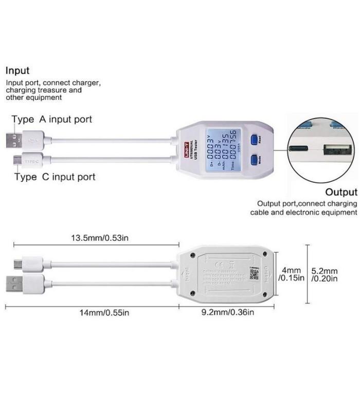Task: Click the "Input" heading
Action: click(x=17, y=71)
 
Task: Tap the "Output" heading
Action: click(x=341, y=193)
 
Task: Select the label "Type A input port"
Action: click(x=51, y=119)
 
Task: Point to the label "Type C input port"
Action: click(x=55, y=177)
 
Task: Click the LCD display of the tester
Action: click(x=221, y=149)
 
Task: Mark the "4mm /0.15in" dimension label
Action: click(x=292, y=274)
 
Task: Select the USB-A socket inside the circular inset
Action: click(x=337, y=150)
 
